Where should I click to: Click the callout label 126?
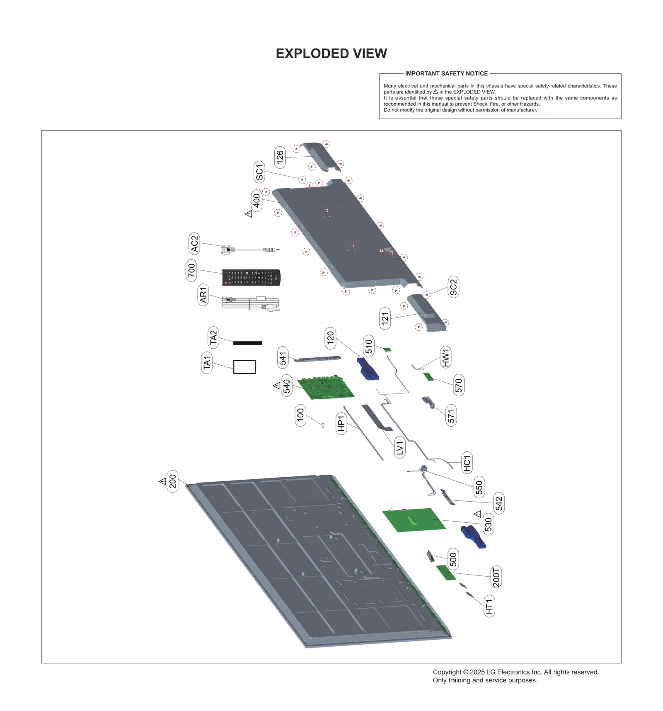click(x=280, y=157)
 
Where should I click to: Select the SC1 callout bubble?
click(x=259, y=172)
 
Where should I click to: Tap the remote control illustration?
click(x=251, y=277)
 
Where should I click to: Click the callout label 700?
click(x=191, y=270)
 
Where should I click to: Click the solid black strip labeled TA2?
click(x=247, y=343)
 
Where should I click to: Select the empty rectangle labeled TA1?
click(x=244, y=367)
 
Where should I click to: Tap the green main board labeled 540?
click(x=326, y=388)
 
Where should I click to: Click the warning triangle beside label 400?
click(x=249, y=214)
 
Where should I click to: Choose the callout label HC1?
click(x=467, y=463)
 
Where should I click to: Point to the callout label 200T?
click(x=496, y=577)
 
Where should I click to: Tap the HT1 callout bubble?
click(x=489, y=607)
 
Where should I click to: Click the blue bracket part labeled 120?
click(x=367, y=369)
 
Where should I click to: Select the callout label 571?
click(x=451, y=415)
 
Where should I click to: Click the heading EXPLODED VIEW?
click(x=331, y=53)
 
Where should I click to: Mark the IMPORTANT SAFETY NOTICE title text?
click(x=446, y=73)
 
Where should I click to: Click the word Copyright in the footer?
click(x=447, y=672)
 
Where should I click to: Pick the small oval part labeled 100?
click(x=323, y=425)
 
